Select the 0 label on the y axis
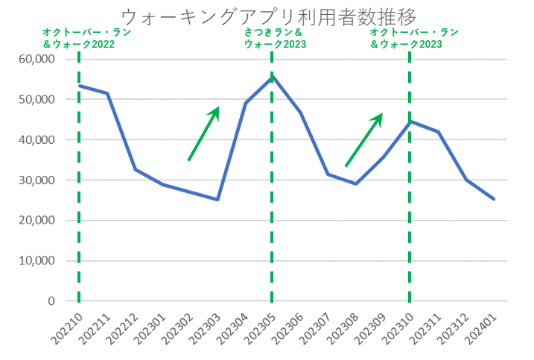click(x=51, y=301)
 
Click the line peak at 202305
click(x=273, y=76)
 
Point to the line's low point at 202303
click(x=217, y=199)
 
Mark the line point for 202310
click(x=410, y=121)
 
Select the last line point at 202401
click(x=494, y=199)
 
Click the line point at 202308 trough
click(x=355, y=183)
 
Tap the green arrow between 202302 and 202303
click(x=203, y=133)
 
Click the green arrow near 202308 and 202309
click(x=363, y=140)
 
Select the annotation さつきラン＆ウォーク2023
click(x=276, y=39)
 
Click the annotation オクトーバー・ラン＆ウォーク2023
click(x=413, y=39)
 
